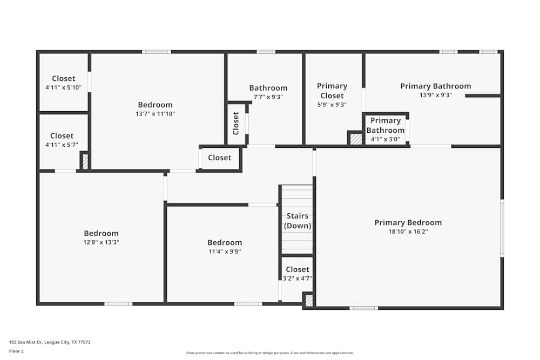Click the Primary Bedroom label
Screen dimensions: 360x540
click(408, 222)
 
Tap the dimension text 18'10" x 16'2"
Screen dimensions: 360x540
click(408, 232)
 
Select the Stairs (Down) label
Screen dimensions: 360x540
click(298, 221)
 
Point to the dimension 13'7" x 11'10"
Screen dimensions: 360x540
click(155, 114)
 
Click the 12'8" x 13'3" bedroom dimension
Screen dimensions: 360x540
click(101, 242)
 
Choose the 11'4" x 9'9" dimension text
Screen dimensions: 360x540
click(225, 251)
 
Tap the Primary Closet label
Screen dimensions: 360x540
click(332, 91)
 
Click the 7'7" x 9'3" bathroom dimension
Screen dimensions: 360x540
click(268, 97)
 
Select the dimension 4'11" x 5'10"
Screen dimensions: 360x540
click(63, 87)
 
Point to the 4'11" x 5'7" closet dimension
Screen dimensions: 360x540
click(62, 145)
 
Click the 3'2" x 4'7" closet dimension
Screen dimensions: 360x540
click(298, 279)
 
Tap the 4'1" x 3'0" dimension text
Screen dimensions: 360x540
click(385, 139)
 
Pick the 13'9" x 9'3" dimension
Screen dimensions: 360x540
click(435, 95)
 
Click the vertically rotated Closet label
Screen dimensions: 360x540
click(236, 124)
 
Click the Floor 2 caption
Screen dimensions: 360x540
click(16, 351)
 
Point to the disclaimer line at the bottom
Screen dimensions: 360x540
click(270, 353)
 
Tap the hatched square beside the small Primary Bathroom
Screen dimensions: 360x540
click(355, 139)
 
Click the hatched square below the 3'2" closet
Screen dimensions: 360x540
click(308, 301)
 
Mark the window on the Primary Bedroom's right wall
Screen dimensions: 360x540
click(502, 228)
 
